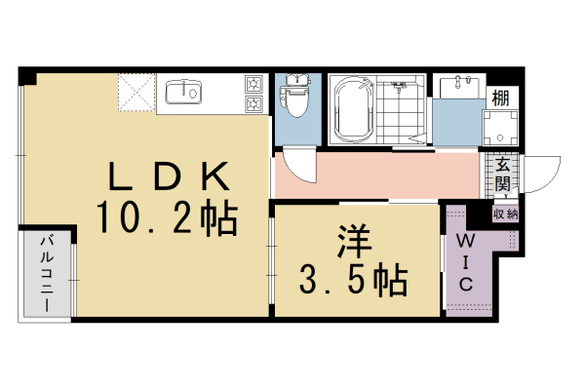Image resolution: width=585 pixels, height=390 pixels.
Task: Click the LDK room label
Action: pyautogui.click(x=169, y=175)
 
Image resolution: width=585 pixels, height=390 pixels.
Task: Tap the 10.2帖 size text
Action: pyautogui.click(x=167, y=218)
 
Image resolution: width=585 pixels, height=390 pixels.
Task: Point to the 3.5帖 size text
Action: pyautogui.click(x=353, y=280)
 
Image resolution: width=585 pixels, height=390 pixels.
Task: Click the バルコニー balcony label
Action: pyautogui.click(x=47, y=273)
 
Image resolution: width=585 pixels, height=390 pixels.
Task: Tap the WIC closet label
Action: pyautogui.click(x=466, y=263)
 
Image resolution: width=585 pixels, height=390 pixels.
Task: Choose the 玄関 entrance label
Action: pyautogui.click(x=503, y=174)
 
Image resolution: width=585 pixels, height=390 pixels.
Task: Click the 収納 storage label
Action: pyautogui.click(x=505, y=214)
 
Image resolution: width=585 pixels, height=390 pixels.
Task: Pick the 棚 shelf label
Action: pyautogui.click(x=501, y=97)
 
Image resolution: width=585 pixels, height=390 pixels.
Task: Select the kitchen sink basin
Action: pyautogui.click(x=183, y=92)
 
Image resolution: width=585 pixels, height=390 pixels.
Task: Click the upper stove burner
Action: pyautogui.click(x=253, y=84)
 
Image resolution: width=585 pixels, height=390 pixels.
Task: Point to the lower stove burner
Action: pyautogui.click(x=253, y=103)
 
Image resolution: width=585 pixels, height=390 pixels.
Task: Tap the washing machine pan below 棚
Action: pyautogui.click(x=500, y=128)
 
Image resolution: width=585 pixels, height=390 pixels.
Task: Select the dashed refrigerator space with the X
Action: pyautogui.click(x=136, y=93)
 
